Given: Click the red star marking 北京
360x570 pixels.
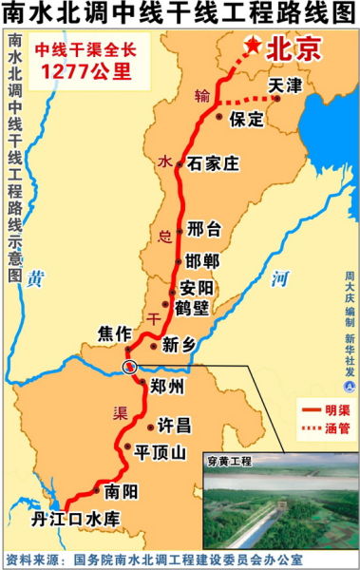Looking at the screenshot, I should coord(254,44).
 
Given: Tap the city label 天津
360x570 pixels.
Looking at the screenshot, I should coord(284,85).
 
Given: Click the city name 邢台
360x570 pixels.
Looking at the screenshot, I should coord(204,228).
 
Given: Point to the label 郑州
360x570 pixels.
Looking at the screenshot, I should coord(162,385).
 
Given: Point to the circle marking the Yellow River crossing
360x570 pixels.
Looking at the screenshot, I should coord(129,367).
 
